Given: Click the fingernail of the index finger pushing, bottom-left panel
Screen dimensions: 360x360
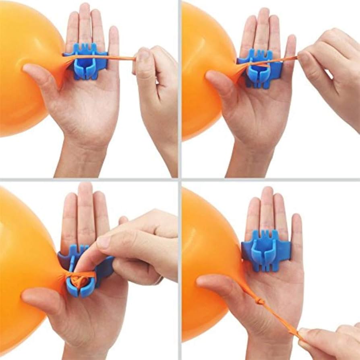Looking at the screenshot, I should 103,242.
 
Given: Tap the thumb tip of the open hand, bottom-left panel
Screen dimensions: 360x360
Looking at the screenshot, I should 28,296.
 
